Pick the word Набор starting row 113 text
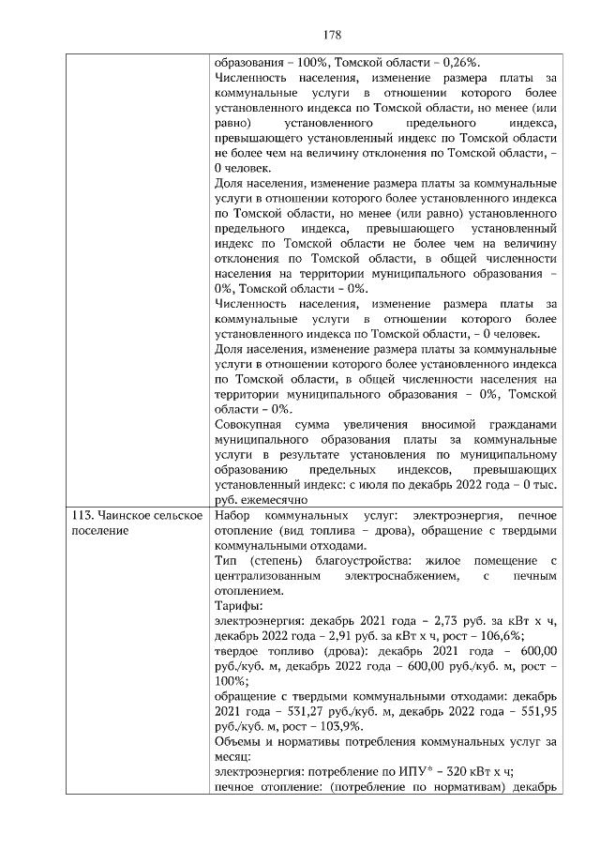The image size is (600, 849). (232, 516)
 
